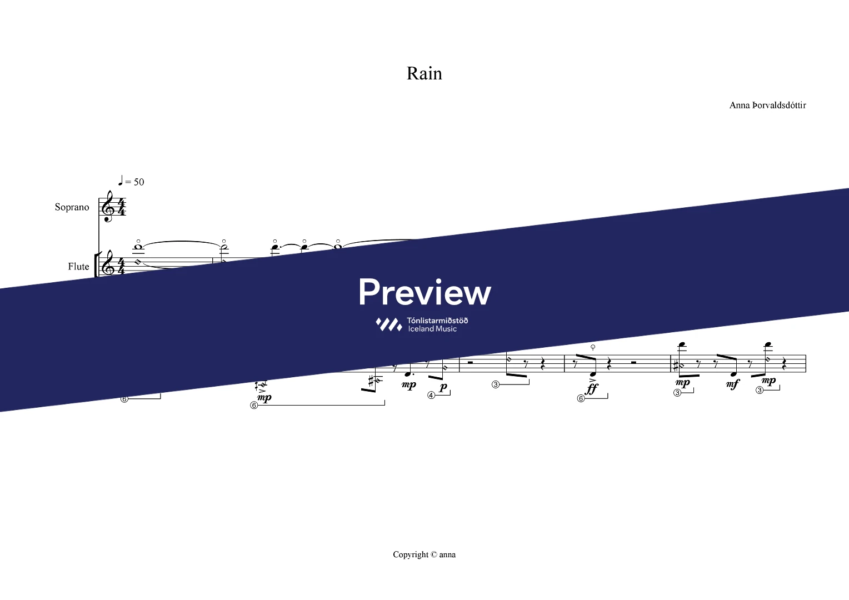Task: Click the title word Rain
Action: pyautogui.click(x=424, y=73)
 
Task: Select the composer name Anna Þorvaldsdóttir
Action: pyautogui.click(x=767, y=105)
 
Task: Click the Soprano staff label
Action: pyautogui.click(x=72, y=207)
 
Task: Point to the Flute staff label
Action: pyautogui.click(x=78, y=267)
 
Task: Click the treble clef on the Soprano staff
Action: pyautogui.click(x=107, y=207)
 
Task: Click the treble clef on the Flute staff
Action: pyautogui.click(x=107, y=265)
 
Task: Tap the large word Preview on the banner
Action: pyautogui.click(x=425, y=292)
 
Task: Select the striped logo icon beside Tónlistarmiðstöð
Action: pyautogui.click(x=388, y=324)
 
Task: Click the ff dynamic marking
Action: pyautogui.click(x=592, y=388)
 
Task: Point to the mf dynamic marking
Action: pyautogui.click(x=733, y=384)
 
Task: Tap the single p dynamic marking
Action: pyautogui.click(x=443, y=387)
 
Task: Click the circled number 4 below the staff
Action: pyautogui.click(x=431, y=396)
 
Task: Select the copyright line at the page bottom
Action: pyautogui.click(x=424, y=554)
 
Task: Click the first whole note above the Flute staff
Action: pyautogui.click(x=138, y=247)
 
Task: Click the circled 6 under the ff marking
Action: pyautogui.click(x=581, y=398)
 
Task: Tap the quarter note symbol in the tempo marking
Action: pyautogui.click(x=121, y=180)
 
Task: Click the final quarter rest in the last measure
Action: pyautogui.click(x=784, y=365)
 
